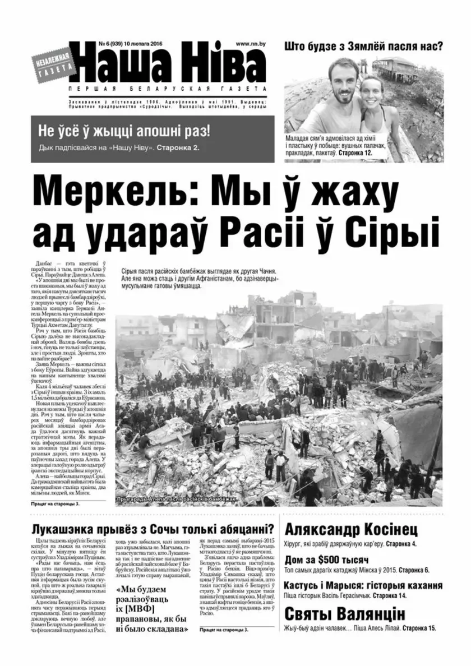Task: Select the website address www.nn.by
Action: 251,43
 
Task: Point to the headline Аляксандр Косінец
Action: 351,530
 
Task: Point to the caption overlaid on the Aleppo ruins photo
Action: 174,499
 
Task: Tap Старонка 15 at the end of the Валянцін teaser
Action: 419,629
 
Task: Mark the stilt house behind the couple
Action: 396,67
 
